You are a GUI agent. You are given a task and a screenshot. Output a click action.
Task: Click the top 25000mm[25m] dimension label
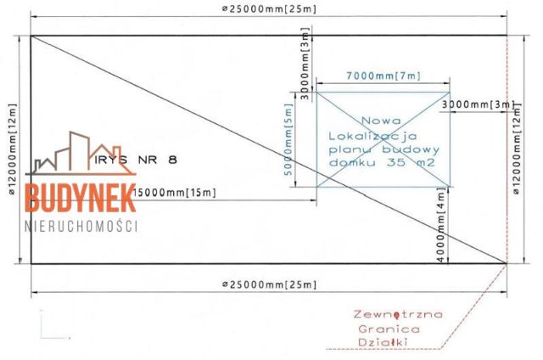tap(269, 8)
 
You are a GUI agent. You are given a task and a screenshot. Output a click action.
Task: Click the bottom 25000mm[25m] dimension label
tap(269, 284)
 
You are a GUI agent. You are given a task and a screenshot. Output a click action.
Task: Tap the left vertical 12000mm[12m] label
tap(12, 149)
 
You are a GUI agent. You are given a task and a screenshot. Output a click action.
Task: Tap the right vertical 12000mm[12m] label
tap(517, 149)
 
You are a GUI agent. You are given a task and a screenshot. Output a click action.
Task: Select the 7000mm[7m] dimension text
tap(383, 76)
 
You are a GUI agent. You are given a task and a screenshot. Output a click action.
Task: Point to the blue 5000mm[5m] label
tap(288, 139)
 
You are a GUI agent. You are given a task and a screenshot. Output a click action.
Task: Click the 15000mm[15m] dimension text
tap(175, 192)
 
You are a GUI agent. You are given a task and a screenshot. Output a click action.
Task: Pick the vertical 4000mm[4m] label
tap(440, 225)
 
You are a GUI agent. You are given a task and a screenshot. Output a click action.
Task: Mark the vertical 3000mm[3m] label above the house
tap(305, 64)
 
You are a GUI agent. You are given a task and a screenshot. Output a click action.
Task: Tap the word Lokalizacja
tap(372, 136)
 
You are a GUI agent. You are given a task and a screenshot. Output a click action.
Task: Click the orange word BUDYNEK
tap(81, 198)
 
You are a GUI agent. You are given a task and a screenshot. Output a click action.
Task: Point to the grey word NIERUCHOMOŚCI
tap(81, 226)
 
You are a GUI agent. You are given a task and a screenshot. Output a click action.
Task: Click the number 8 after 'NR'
tap(172, 160)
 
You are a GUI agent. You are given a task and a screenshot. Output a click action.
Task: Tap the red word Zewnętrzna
tap(398, 314)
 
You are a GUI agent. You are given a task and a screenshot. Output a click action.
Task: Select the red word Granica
tap(389, 329)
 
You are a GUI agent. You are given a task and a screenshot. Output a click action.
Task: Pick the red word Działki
tap(383, 342)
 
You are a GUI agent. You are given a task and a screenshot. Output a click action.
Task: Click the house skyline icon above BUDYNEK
tap(81, 153)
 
